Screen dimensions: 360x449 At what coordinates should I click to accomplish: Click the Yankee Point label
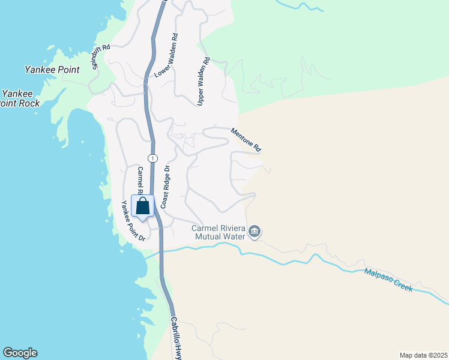click(x=52, y=70)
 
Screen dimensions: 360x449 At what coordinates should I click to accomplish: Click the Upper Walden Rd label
click(x=203, y=82)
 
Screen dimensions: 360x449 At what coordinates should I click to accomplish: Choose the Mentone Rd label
click(x=246, y=139)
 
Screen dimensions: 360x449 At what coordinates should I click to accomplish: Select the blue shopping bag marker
click(x=143, y=206)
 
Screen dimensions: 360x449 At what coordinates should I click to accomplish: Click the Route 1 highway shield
click(x=154, y=158)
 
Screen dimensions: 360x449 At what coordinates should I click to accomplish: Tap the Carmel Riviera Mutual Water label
click(x=218, y=232)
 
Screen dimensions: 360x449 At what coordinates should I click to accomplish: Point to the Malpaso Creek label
click(x=388, y=280)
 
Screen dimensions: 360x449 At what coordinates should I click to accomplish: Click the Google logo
click(x=20, y=353)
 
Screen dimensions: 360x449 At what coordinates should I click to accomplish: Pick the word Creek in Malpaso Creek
click(x=402, y=284)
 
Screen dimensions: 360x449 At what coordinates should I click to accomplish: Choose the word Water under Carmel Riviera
click(x=234, y=236)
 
